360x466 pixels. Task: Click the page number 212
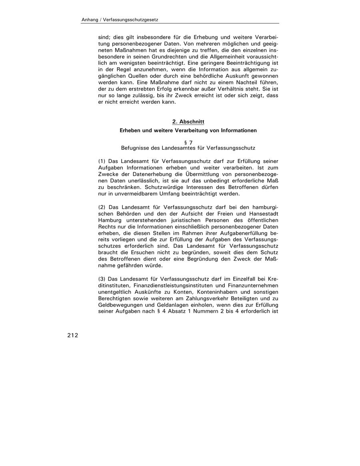[x=72, y=335]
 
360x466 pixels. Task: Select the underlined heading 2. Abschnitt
[x=188, y=121]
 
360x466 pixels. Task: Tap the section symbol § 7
[x=188, y=142]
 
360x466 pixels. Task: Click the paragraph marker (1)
[x=102, y=161]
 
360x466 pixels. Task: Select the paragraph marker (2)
[x=102, y=207]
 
